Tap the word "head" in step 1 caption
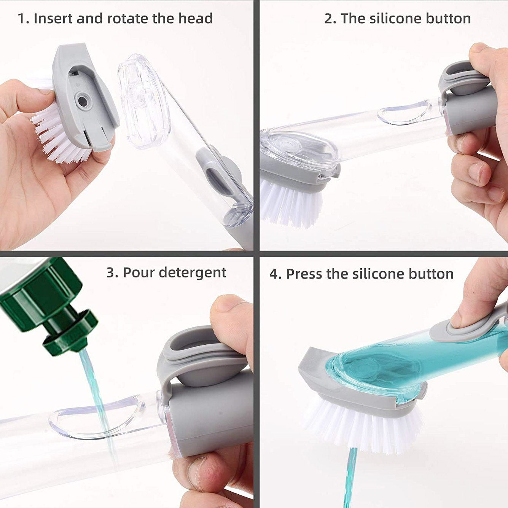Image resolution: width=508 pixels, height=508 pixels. click(x=196, y=19)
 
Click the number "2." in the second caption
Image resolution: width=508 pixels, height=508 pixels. click(x=330, y=19)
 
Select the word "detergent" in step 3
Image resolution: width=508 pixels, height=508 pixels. click(x=193, y=272)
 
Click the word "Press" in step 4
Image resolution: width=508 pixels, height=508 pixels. click(x=304, y=274)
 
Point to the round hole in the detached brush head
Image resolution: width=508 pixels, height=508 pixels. click(x=82, y=101)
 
